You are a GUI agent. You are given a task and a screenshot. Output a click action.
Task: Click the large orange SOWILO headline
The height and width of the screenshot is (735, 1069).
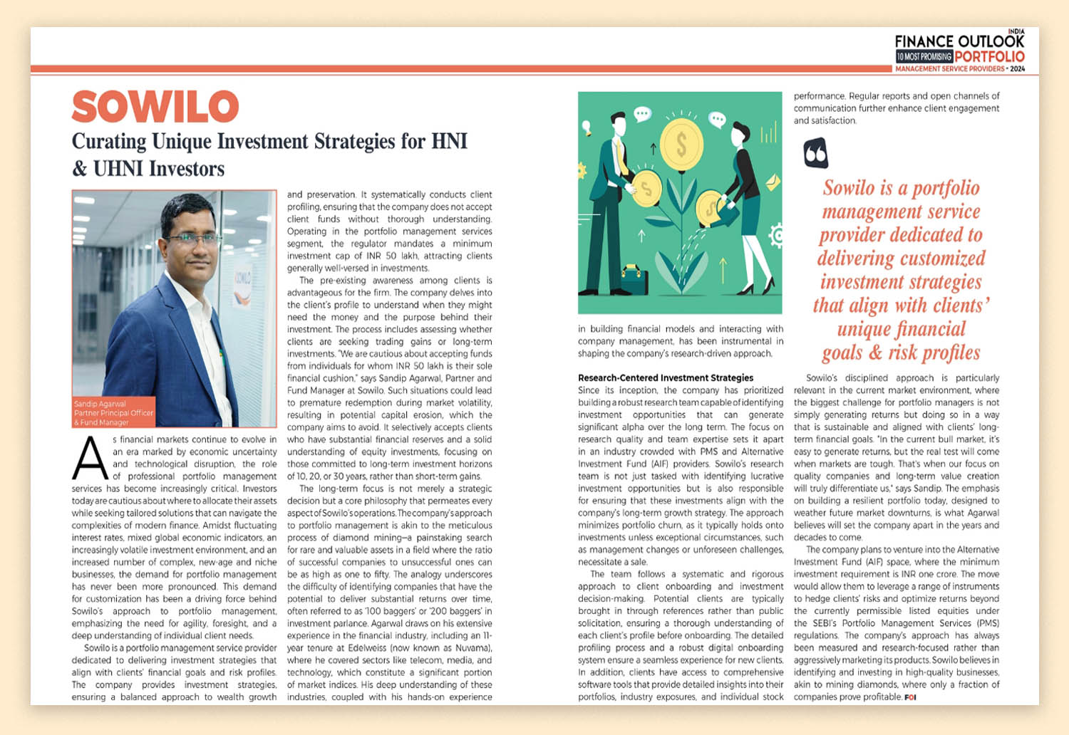[155, 107]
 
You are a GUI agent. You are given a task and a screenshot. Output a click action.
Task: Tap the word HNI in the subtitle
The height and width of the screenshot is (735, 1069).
[449, 141]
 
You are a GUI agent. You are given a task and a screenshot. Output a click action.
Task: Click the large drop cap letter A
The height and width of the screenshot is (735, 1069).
[90, 458]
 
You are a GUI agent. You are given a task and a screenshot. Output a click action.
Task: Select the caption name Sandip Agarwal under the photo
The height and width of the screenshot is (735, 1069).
[100, 404]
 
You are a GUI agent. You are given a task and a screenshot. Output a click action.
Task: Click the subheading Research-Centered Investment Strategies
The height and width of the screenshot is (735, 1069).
[666, 377]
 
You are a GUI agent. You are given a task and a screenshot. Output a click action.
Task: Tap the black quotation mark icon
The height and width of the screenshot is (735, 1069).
[815, 153]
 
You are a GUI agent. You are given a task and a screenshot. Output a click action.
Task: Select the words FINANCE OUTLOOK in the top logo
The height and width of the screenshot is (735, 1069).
[959, 41]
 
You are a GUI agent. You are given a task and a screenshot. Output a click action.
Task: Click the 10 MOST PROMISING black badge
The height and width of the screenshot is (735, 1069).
[924, 56]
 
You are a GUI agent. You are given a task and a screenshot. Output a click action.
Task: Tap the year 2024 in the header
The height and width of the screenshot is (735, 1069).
[1017, 69]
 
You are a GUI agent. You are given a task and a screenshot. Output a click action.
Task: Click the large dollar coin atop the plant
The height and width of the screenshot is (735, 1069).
[682, 145]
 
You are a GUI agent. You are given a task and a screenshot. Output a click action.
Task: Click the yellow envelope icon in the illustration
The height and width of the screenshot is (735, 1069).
[773, 184]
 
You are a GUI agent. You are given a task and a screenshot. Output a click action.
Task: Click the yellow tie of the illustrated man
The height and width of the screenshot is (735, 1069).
[621, 161]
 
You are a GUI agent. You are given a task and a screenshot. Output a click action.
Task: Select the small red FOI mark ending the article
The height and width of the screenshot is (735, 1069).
[910, 697]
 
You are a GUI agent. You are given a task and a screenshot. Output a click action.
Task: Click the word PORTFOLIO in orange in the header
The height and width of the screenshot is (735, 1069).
[990, 56]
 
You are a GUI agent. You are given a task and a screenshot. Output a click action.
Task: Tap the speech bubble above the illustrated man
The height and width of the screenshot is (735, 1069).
[642, 113]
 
